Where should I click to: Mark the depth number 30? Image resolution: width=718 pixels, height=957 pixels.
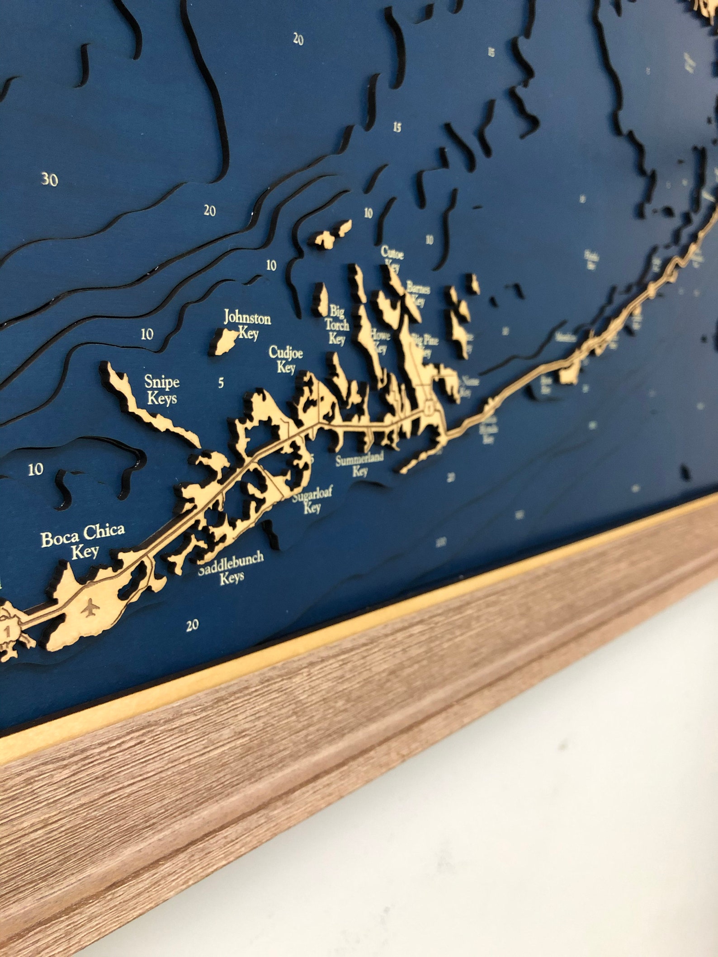pyautogui.click(x=50, y=180)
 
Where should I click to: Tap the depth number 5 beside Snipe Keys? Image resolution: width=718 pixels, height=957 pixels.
pyautogui.click(x=221, y=383)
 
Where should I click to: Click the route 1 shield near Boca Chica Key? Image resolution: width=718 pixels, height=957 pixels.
pyautogui.click(x=7, y=629)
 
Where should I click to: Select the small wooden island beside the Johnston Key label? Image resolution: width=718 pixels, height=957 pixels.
pyautogui.click(x=223, y=342)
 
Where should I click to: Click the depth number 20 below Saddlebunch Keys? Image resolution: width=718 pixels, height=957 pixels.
pyautogui.click(x=192, y=625)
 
